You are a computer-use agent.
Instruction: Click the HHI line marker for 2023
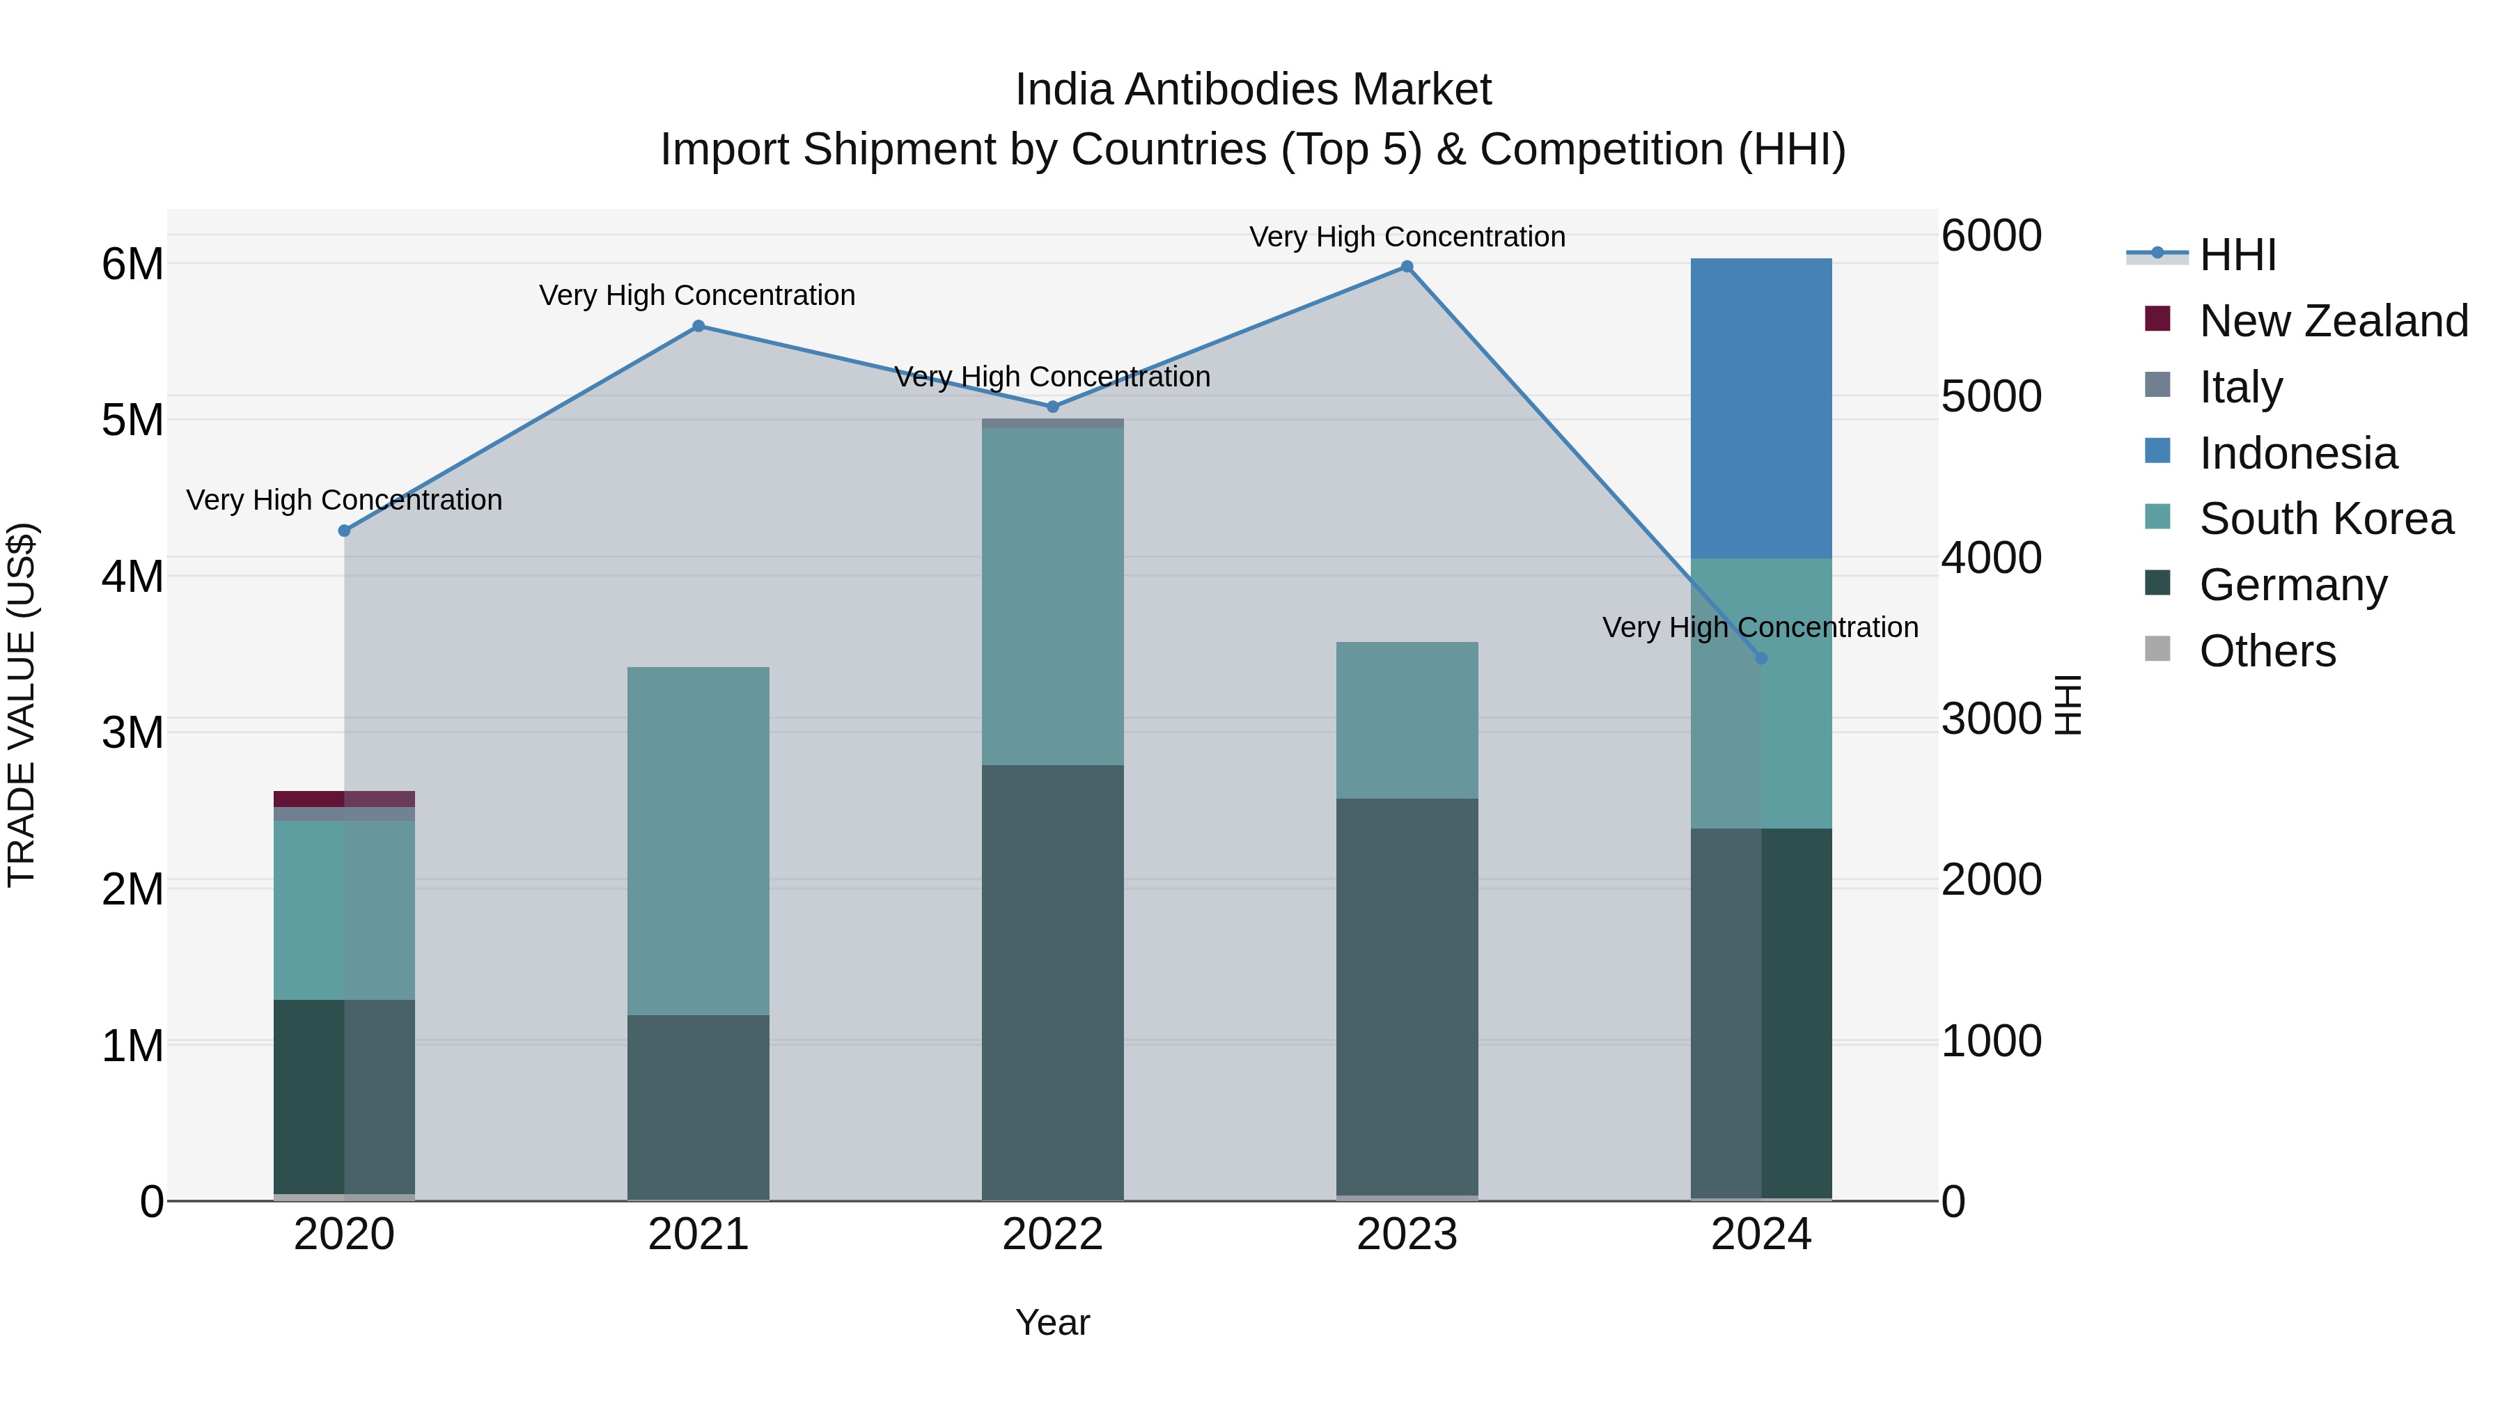coord(1406,267)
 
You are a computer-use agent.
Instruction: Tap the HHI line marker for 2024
coord(1760,659)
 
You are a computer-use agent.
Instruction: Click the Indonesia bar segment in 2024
coord(1760,409)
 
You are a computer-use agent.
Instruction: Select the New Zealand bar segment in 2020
coord(343,799)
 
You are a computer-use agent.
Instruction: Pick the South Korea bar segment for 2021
coord(698,842)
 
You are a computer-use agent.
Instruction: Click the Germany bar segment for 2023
coord(1406,997)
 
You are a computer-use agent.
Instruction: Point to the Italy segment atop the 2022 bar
coord(1052,423)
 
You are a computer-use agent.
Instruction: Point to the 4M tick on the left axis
coord(132,576)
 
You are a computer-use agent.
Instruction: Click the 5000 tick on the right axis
coord(1990,396)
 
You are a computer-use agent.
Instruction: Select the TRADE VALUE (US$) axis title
coord(22,705)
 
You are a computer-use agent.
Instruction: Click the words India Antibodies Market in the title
coord(1253,91)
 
